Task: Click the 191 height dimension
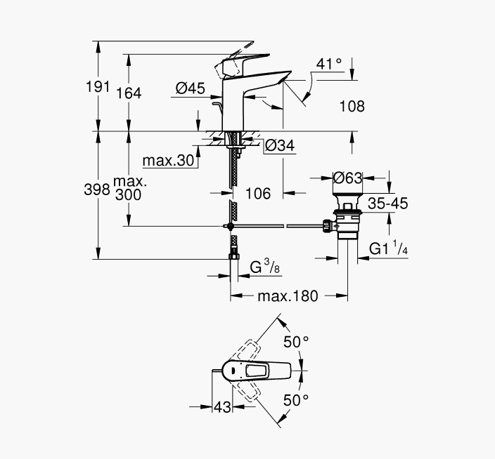[98, 86]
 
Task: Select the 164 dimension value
[129, 93]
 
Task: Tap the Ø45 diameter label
[191, 88]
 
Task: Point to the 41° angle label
[329, 64]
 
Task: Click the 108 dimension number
[352, 107]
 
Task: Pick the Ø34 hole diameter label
[280, 145]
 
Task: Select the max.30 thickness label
[168, 161]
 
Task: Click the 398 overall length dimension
[97, 189]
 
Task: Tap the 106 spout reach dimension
[258, 194]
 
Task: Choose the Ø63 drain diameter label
[348, 178]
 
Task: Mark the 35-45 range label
[388, 204]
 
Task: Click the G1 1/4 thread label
[389, 248]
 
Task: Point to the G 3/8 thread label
[265, 267]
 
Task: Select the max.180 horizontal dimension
[288, 296]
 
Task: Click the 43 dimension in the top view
[223, 407]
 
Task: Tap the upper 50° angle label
[296, 342]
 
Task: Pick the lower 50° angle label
[296, 401]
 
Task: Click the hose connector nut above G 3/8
[234, 256]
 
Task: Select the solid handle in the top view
[257, 371]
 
